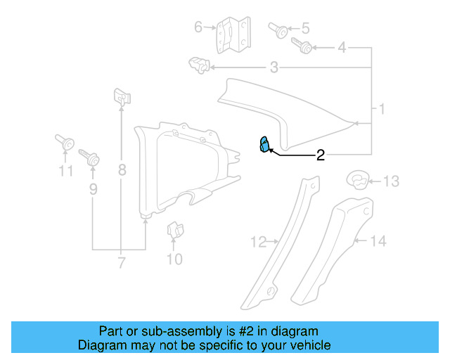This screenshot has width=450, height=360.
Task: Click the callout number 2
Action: click(320, 155)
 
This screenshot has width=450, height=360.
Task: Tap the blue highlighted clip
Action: click(264, 145)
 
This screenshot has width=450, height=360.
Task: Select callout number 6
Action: click(198, 27)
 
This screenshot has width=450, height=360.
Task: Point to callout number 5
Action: click(305, 29)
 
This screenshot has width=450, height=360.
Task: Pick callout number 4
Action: click(342, 48)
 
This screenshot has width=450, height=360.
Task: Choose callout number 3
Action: click(274, 67)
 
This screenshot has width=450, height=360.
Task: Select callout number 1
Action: click(382, 109)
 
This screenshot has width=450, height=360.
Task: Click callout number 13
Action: click(390, 181)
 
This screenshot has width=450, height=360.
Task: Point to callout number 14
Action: click(378, 241)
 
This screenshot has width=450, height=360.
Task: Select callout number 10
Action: click(174, 259)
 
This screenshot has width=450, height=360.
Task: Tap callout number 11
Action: click(65, 171)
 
